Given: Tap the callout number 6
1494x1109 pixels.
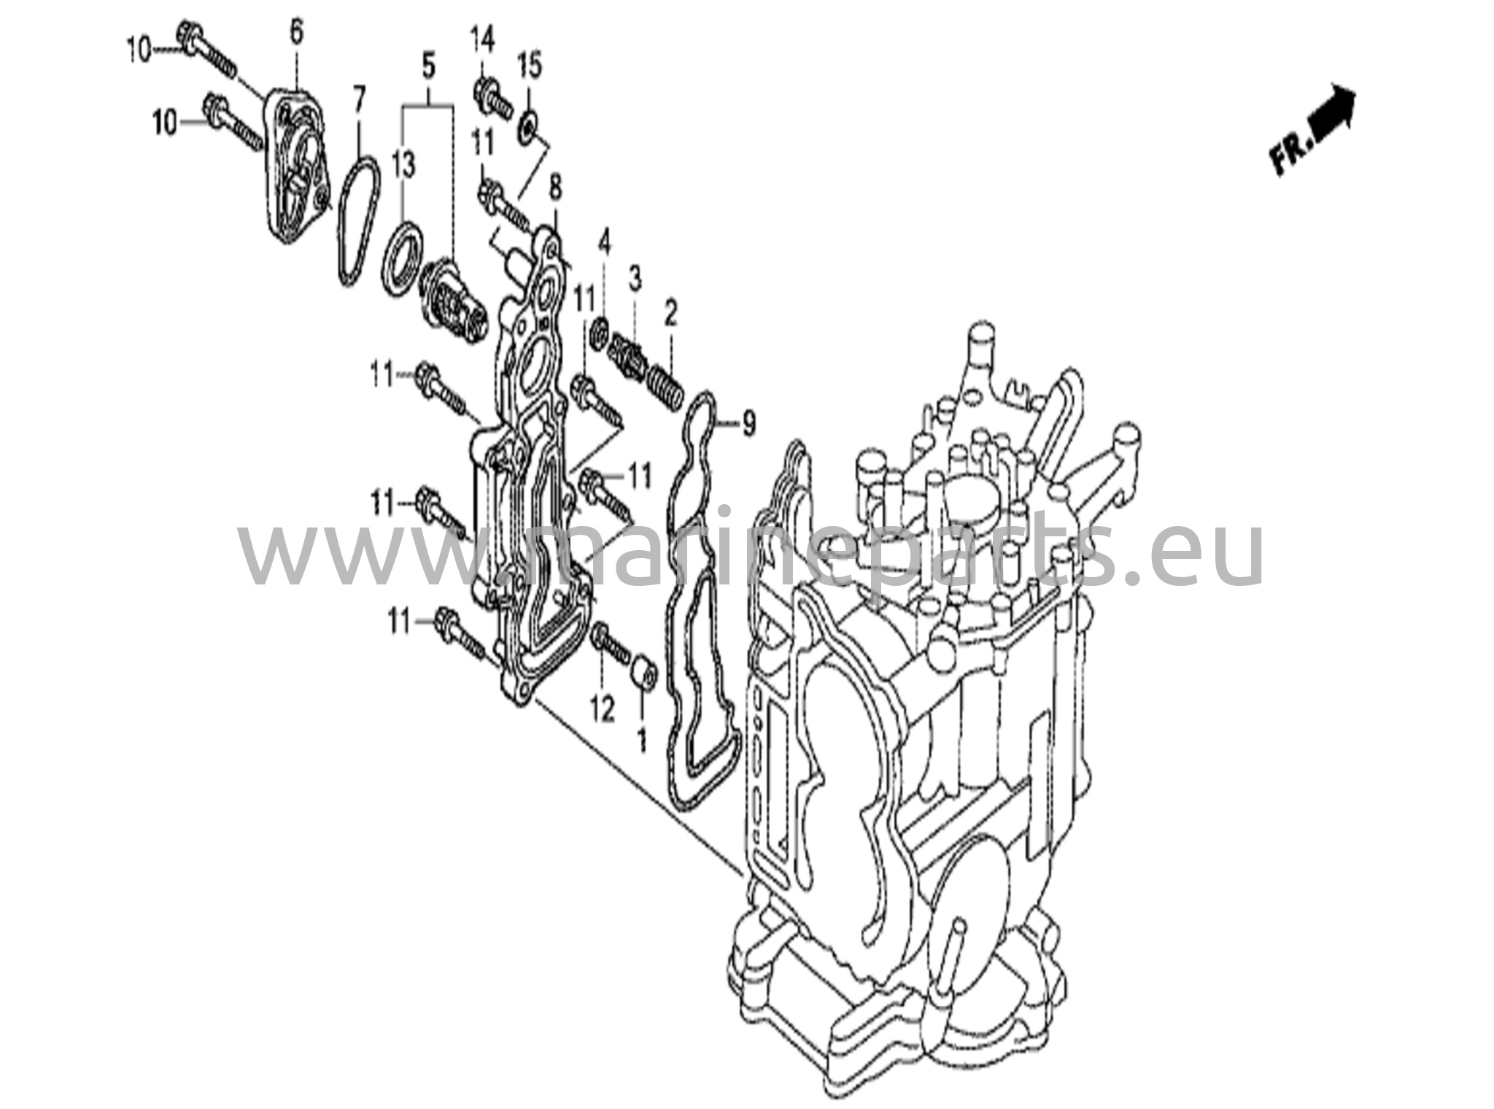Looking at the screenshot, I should click(x=295, y=33).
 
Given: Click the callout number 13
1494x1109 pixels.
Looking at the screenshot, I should click(x=403, y=165).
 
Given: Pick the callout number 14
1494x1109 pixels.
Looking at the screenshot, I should click(x=482, y=38).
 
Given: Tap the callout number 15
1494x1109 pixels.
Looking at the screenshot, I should click(x=530, y=66).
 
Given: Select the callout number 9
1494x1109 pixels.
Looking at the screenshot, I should click(x=748, y=423).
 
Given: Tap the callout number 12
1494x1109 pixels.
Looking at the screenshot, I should click(x=603, y=708).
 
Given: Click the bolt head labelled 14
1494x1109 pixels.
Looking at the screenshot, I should click(x=484, y=93).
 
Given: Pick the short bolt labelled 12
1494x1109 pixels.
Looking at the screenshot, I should click(x=611, y=642).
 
